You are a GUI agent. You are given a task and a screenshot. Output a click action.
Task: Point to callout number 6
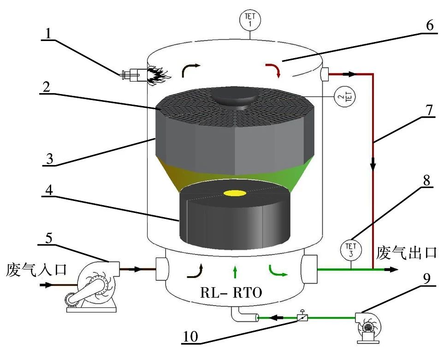click(429, 25)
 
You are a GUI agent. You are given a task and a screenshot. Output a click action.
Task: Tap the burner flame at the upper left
click(159, 74)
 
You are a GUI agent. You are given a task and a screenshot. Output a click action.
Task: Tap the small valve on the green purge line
click(302, 317)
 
